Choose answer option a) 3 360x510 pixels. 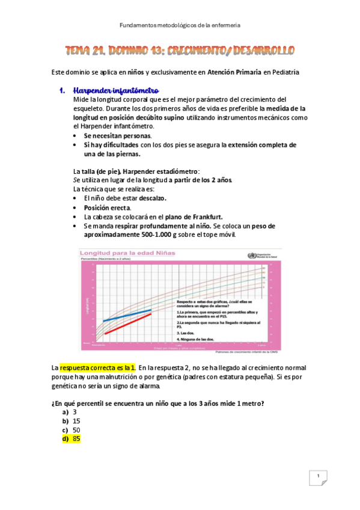[69, 412]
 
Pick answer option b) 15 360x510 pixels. [71, 421]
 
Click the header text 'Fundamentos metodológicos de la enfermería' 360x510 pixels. [180, 25]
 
